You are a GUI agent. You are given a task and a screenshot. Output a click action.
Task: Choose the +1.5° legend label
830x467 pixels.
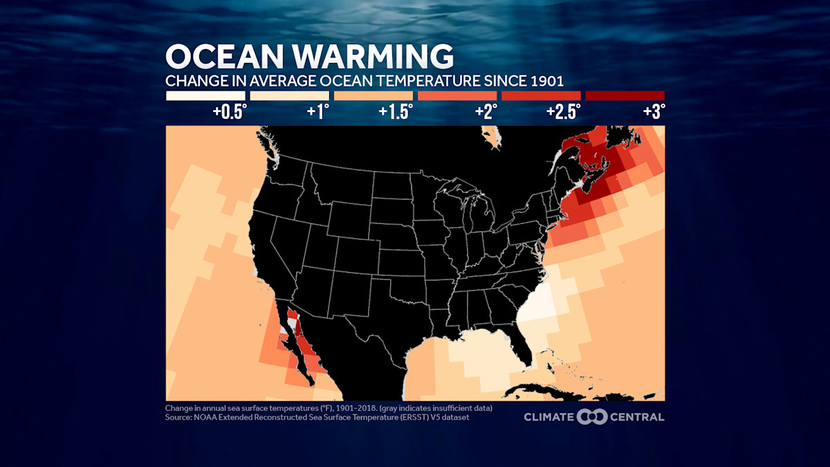[x=396, y=111]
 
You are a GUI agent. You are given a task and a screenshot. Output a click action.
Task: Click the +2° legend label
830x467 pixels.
[x=485, y=111]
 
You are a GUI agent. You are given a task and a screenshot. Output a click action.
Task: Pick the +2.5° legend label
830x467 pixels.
[x=564, y=111]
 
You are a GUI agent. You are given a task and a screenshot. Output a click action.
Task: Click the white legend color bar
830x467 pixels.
[x=205, y=95]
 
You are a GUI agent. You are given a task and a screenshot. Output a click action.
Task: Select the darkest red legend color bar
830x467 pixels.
[x=625, y=95]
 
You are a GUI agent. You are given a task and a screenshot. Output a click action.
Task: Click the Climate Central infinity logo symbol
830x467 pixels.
[x=592, y=416]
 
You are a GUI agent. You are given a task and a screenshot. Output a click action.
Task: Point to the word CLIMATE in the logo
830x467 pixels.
[x=548, y=416]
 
